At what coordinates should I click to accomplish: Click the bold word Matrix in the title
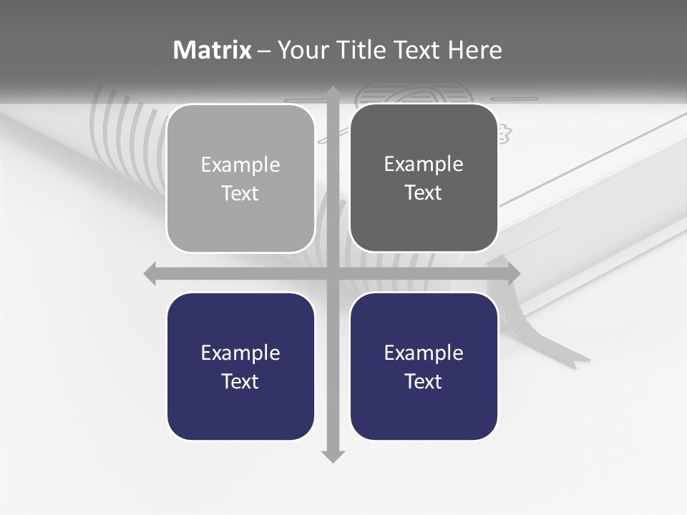pos(212,50)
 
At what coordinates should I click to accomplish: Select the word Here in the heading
pos(474,50)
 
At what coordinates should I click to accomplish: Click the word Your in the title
pos(302,50)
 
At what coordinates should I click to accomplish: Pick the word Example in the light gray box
pos(240,165)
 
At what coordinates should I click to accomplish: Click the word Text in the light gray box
pos(240,193)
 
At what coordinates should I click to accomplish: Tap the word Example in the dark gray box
pos(424,165)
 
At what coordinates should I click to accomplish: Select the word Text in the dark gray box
pos(424,192)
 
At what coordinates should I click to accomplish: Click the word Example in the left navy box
pos(240,353)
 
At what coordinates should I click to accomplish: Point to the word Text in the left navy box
pos(240,381)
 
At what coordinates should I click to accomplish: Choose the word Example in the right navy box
pos(424,353)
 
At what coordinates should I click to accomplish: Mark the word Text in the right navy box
pos(424,381)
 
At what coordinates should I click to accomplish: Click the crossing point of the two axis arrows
pos(333,273)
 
